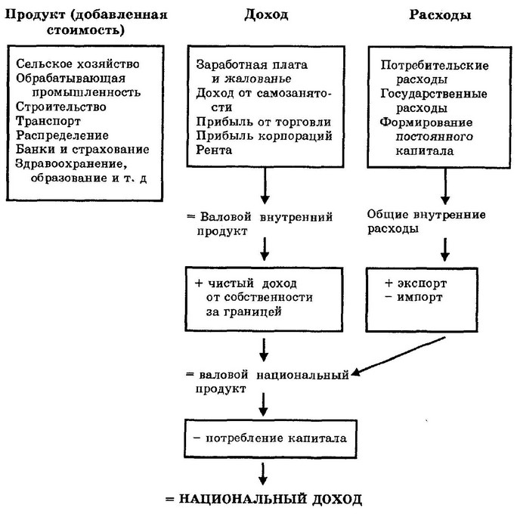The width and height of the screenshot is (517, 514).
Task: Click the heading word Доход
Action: tap(266, 15)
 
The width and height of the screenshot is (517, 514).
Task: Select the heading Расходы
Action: tap(440, 15)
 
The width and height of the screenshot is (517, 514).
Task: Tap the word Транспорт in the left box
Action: tap(48, 121)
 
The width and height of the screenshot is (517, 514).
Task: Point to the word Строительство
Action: tap(61, 107)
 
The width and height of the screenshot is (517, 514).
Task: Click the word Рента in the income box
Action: tap(214, 150)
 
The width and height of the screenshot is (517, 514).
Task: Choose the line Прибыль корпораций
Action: tap(264, 136)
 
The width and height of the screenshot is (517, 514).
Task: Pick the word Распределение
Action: tap(62, 135)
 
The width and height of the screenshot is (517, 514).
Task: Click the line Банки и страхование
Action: tap(82, 150)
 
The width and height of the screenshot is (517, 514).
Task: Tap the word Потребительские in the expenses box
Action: tap(435, 65)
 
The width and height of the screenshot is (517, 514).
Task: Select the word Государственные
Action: tap(434, 94)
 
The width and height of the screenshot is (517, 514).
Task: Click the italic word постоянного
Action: tap(435, 137)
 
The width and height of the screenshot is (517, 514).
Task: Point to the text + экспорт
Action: tap(416, 283)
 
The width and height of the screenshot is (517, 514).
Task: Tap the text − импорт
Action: tap(413, 297)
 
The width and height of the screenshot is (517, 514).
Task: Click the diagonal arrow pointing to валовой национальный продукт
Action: tap(398, 356)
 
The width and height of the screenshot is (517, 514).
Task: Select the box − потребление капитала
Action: tap(271, 438)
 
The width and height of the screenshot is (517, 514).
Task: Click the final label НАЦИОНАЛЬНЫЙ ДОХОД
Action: tap(271, 499)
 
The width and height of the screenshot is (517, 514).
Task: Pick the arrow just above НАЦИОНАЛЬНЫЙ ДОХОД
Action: tap(263, 474)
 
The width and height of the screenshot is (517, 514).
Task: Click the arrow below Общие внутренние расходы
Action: tap(445, 249)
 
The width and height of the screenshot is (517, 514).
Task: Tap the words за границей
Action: tap(244, 311)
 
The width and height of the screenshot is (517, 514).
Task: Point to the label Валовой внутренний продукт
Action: tap(260, 224)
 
